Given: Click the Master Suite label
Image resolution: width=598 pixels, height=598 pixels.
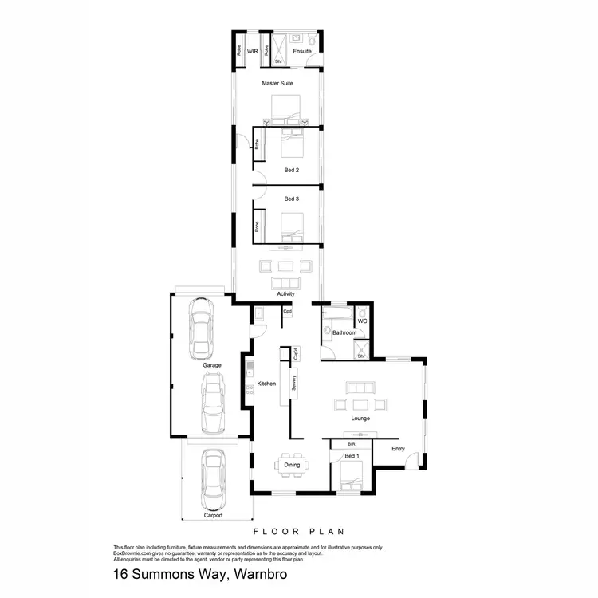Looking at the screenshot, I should click(x=277, y=82).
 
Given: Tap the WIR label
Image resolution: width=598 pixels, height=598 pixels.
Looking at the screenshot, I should click(x=252, y=51).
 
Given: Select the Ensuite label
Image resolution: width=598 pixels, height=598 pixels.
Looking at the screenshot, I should click(x=302, y=51).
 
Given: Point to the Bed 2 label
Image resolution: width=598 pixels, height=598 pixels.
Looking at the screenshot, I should click(x=291, y=170).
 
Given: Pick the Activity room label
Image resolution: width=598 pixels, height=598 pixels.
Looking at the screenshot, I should click(x=285, y=293).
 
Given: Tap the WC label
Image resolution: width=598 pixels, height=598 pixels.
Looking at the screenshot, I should click(x=362, y=321).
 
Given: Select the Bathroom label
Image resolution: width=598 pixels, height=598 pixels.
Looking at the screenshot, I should click(x=344, y=332).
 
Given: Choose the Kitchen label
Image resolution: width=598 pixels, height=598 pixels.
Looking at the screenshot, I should click(x=266, y=384).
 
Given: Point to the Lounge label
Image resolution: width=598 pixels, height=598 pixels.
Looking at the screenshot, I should click(x=360, y=418).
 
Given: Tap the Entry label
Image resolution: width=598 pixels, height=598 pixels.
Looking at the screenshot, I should click(x=398, y=448).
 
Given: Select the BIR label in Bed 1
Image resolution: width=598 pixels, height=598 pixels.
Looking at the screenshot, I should click(x=350, y=443).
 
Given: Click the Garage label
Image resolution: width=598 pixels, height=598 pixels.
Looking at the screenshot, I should click(x=211, y=365).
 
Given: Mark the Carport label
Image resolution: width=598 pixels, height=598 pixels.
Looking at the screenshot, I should click(x=213, y=515).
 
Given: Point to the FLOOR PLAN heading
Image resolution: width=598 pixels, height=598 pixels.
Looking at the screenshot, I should click(x=298, y=531).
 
